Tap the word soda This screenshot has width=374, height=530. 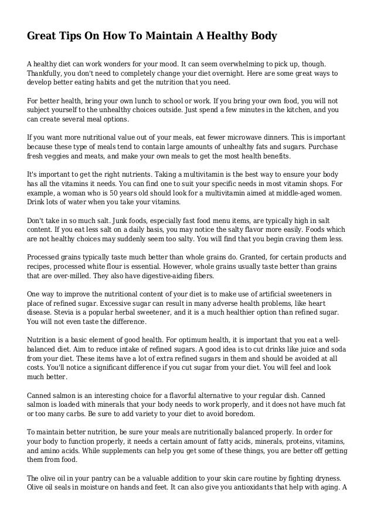pos(338,347)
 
